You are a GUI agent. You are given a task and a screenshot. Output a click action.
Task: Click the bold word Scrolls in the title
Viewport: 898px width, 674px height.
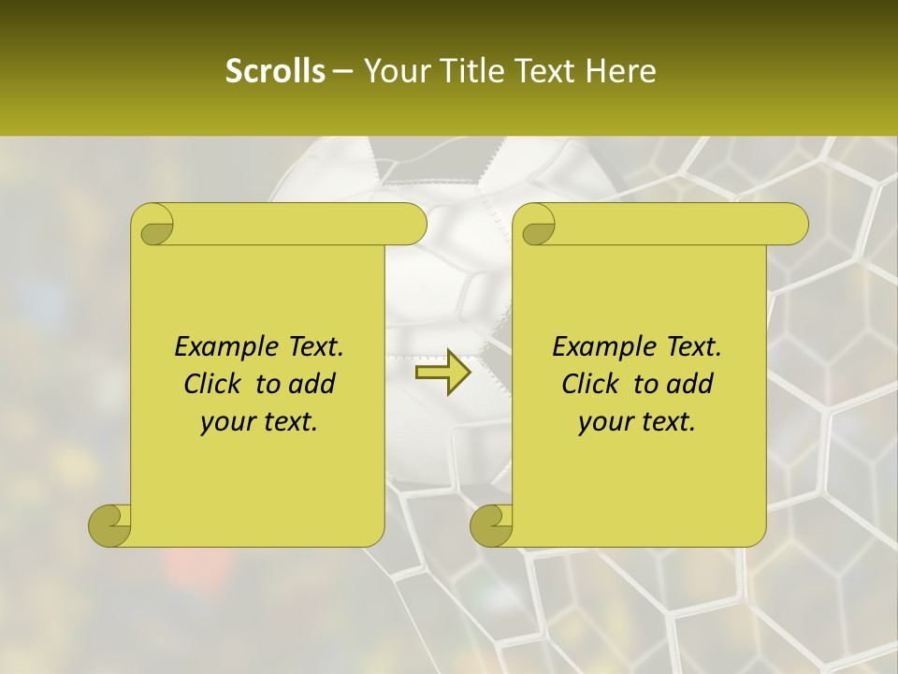(276, 71)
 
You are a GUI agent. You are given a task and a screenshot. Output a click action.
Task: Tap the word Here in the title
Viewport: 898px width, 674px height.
(622, 71)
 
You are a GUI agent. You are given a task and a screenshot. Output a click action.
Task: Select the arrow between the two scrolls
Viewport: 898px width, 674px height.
(442, 373)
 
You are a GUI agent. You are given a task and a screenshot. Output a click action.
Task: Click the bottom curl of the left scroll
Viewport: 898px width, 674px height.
(110, 525)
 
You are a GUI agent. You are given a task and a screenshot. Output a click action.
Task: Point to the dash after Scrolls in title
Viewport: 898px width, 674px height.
(343, 71)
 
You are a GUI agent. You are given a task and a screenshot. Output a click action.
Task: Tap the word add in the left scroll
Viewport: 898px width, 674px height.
(311, 384)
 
